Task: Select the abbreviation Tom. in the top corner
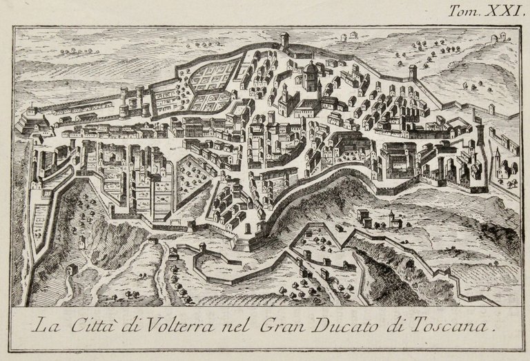click(x=462, y=11)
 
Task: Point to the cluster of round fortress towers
click(x=130, y=101)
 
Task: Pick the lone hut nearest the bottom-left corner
click(x=70, y=269)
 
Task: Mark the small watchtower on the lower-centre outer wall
click(x=202, y=247)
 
